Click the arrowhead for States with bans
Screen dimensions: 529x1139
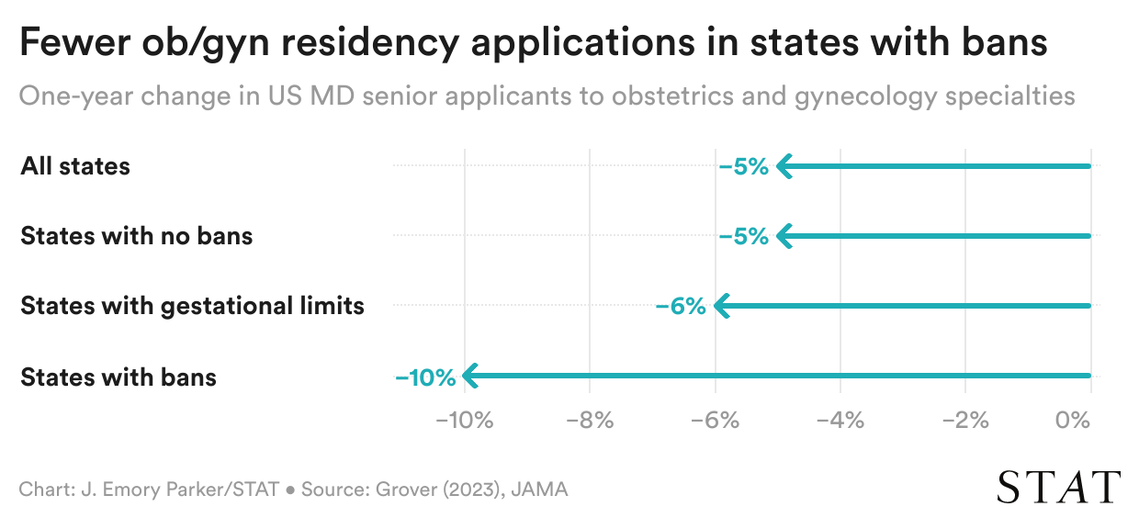click(x=469, y=376)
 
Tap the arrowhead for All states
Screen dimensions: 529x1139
click(x=783, y=166)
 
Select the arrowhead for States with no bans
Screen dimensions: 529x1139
click(x=783, y=236)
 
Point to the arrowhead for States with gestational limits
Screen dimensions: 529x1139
click(x=720, y=306)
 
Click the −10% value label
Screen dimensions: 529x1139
click(x=425, y=377)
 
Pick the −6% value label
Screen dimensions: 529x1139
click(x=680, y=307)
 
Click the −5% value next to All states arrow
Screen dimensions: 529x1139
click(x=743, y=167)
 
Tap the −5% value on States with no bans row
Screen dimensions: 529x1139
click(x=743, y=237)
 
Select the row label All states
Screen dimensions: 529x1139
click(x=75, y=166)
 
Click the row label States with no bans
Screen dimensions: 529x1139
click(x=136, y=236)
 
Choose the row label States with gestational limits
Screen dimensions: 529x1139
click(x=192, y=306)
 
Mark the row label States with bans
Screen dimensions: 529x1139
click(x=118, y=377)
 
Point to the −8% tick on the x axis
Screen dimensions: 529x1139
click(x=590, y=422)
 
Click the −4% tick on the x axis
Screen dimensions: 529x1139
click(x=840, y=422)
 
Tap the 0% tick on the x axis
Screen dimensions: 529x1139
click(x=1073, y=422)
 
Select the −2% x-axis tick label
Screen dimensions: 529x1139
click(x=965, y=422)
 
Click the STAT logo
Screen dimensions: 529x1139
click(x=1059, y=487)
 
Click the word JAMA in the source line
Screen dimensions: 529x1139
click(x=540, y=490)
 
